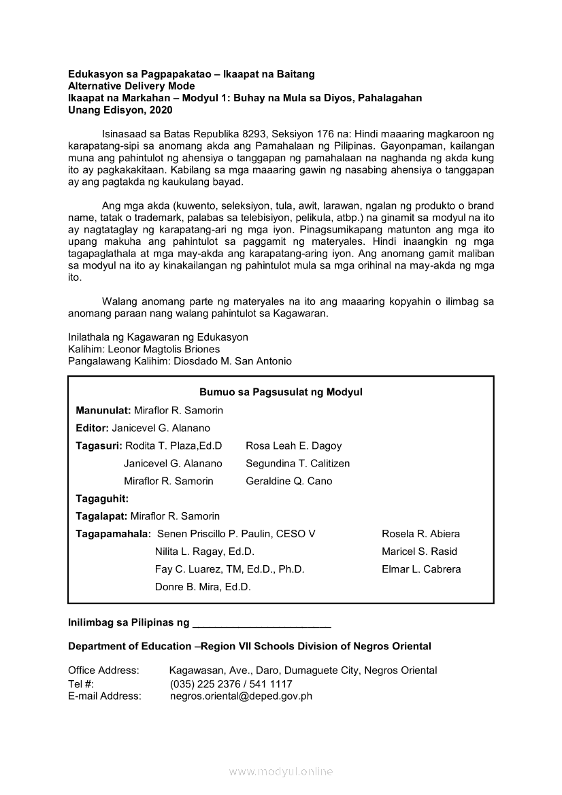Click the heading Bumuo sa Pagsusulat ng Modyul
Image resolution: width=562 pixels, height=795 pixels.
[x=281, y=392]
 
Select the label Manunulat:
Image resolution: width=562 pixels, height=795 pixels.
[x=103, y=410]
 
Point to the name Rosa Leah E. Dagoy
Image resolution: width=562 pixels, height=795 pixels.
[x=294, y=445]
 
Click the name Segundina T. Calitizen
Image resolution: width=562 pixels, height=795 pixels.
[x=298, y=463]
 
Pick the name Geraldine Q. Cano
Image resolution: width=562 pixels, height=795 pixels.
[x=289, y=481]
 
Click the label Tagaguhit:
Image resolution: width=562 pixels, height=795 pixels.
[x=102, y=498]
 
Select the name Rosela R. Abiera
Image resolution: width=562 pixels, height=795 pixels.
[x=420, y=534]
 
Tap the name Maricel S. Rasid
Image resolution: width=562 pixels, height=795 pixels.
[x=419, y=552]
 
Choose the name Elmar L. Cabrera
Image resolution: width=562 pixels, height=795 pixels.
[x=421, y=569]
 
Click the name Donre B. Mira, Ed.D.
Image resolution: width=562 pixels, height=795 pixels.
[x=203, y=587]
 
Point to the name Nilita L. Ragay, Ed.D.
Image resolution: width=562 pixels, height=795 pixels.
[x=204, y=552]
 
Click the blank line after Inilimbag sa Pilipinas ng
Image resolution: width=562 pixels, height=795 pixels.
[x=262, y=623]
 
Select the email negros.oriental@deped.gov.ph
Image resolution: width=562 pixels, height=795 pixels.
[x=241, y=696]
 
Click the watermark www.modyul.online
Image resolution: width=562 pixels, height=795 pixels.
[x=281, y=771]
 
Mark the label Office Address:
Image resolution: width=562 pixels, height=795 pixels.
[x=103, y=671]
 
